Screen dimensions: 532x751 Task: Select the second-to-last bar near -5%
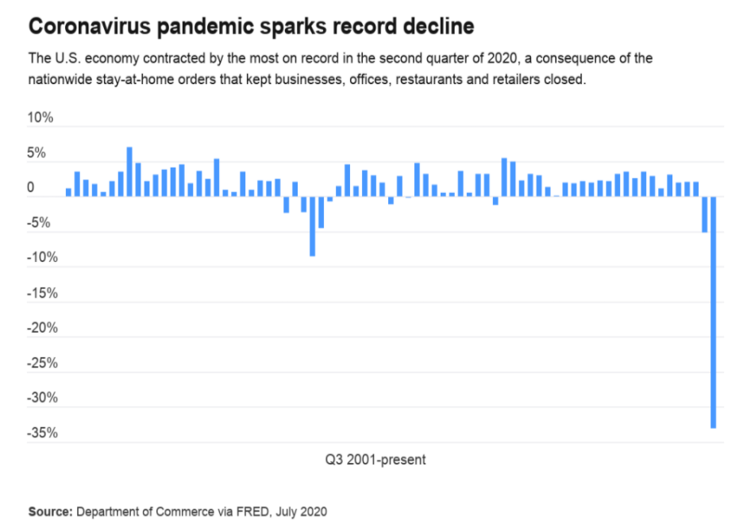click(704, 214)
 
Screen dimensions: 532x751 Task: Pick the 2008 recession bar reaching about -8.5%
click(312, 226)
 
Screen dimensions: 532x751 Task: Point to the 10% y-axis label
click(40, 118)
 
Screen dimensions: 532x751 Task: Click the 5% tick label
click(44, 153)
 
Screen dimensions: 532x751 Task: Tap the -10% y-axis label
click(40, 258)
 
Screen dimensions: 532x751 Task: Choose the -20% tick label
click(40, 329)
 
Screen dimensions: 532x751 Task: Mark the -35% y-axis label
click(40, 434)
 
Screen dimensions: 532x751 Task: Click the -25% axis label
click(40, 364)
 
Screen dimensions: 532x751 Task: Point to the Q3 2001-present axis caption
click(375, 460)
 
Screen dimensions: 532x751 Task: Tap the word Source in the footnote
click(50, 511)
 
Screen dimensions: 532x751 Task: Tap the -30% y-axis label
click(40, 399)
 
